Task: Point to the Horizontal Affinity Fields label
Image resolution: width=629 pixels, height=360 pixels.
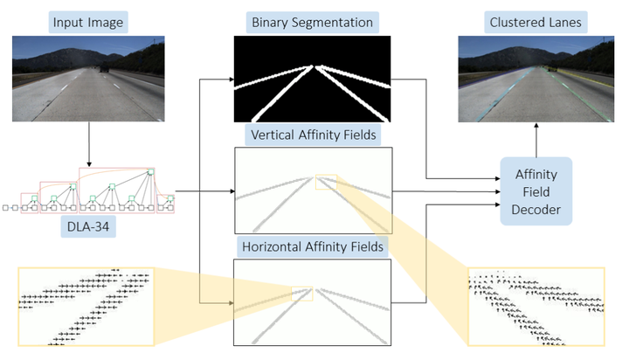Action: pyautogui.click(x=312, y=246)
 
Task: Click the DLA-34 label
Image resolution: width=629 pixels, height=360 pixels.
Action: pyautogui.click(x=89, y=229)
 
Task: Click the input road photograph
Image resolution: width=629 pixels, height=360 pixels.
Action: pyautogui.click(x=89, y=78)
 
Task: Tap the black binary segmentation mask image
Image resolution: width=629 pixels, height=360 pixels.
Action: pyautogui.click(x=312, y=78)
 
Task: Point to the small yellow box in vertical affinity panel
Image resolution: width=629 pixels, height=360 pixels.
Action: pyautogui.click(x=326, y=181)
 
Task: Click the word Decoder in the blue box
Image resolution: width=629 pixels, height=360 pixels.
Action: pyautogui.click(x=536, y=210)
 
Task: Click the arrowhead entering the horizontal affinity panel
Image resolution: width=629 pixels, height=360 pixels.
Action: pyautogui.click(x=230, y=303)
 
